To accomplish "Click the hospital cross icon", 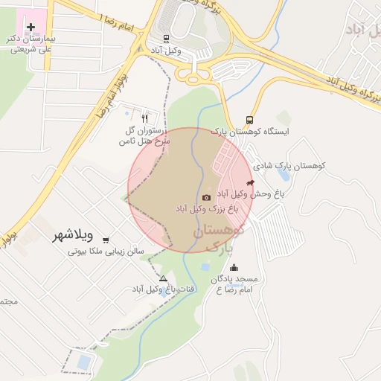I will (x=31, y=27).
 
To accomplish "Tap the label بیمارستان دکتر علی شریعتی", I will (x=34, y=43).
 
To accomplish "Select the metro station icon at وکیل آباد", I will (x=165, y=38).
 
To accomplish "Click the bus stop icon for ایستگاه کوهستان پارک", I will (x=249, y=119).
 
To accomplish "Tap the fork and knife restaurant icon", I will (x=144, y=118).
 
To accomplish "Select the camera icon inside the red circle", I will (x=206, y=197).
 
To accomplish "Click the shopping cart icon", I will (x=106, y=240).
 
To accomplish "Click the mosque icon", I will (x=234, y=268).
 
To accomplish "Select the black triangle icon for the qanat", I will (x=164, y=278).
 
